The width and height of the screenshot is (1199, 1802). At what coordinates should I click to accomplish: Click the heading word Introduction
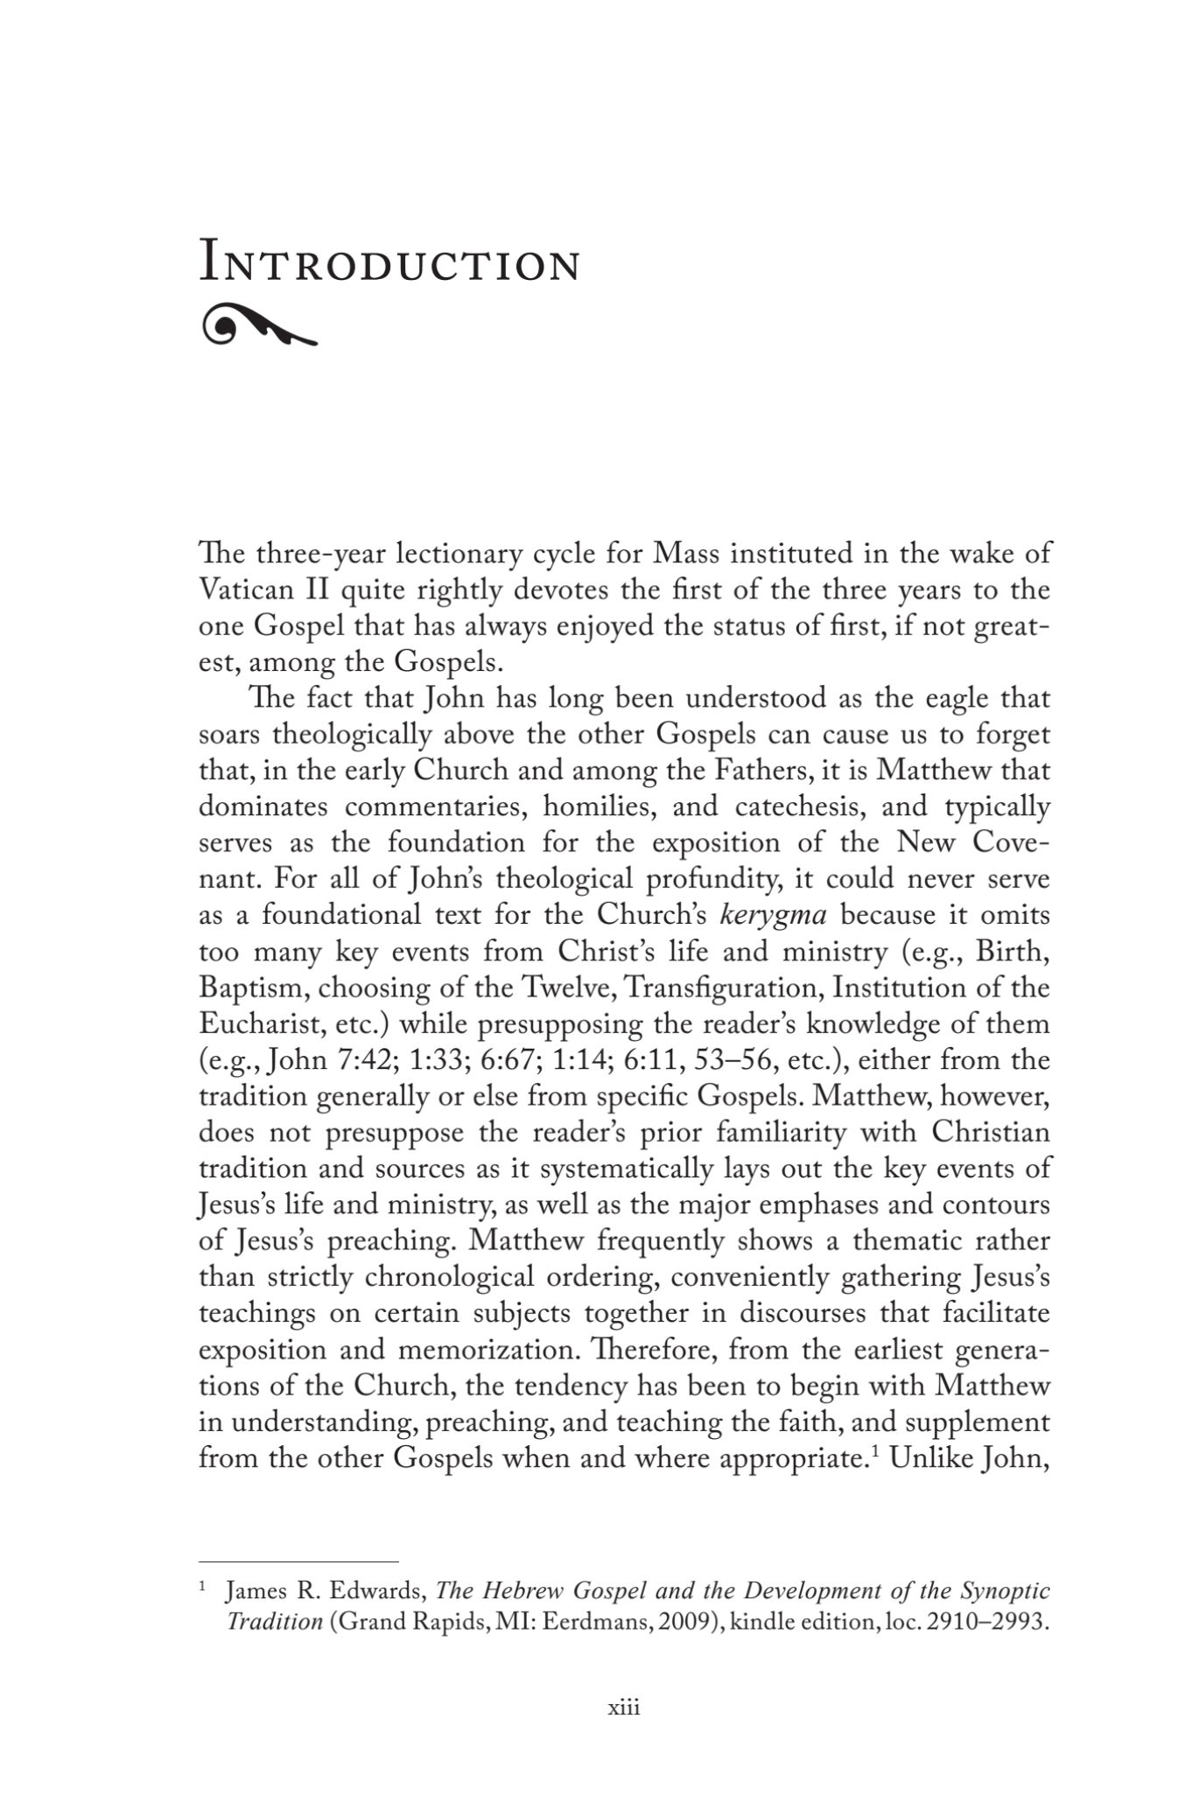click(389, 263)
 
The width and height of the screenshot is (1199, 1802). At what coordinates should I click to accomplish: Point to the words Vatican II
click(262, 591)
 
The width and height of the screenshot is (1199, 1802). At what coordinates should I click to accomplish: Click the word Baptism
click(253, 988)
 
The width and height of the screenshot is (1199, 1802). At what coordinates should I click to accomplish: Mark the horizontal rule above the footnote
click(298, 1561)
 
